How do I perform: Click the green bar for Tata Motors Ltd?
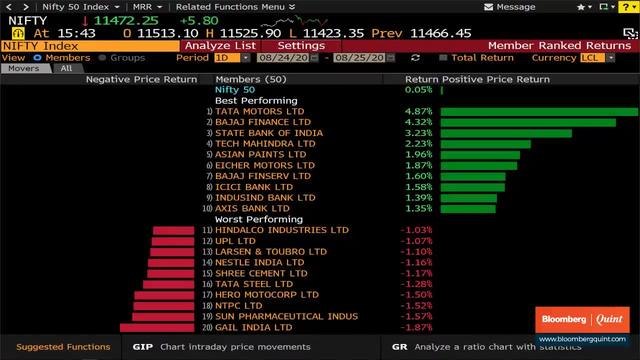click(538, 112)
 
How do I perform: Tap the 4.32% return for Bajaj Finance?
click(417, 122)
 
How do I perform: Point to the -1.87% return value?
click(416, 327)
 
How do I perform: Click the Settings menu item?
click(300, 45)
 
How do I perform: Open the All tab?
click(66, 68)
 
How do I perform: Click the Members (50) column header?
click(251, 79)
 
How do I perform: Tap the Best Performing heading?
click(256, 100)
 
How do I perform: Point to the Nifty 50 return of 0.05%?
click(419, 90)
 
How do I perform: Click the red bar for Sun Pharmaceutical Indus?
click(166, 316)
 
